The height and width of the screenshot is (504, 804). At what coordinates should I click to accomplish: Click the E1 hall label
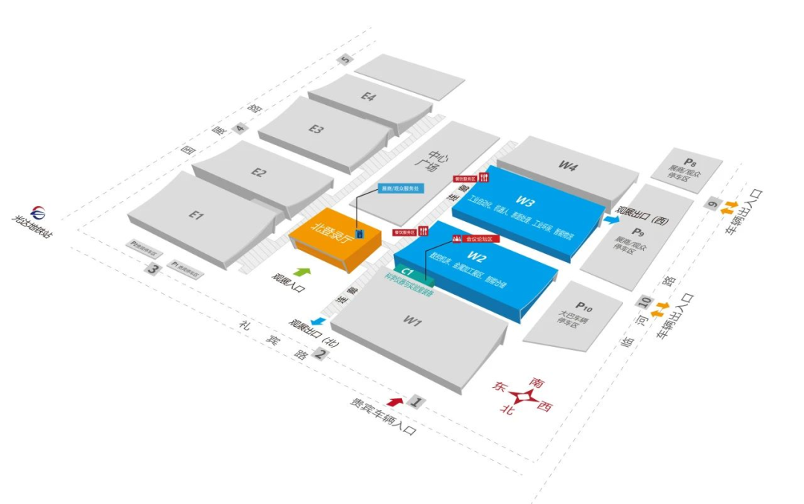pos(196,215)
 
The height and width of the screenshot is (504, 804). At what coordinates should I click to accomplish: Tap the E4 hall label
pos(369,96)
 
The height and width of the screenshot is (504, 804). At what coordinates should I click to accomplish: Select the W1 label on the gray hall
pos(413,322)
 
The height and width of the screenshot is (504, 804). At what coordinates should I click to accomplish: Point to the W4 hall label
pos(568,167)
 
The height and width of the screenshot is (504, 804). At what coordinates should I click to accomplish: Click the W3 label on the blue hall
pos(526,201)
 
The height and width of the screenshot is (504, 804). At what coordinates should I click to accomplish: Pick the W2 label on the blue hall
pos(478,258)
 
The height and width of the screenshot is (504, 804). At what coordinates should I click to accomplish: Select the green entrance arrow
pos(301,274)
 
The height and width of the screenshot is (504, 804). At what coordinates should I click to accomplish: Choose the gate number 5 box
pos(345,60)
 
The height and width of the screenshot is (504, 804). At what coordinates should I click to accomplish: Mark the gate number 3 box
pos(154,269)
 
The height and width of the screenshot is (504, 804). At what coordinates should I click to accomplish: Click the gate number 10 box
pos(645,302)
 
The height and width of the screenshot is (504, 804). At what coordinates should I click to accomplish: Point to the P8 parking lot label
pos(690,162)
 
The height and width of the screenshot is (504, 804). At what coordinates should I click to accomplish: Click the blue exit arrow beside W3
pos(612,220)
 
